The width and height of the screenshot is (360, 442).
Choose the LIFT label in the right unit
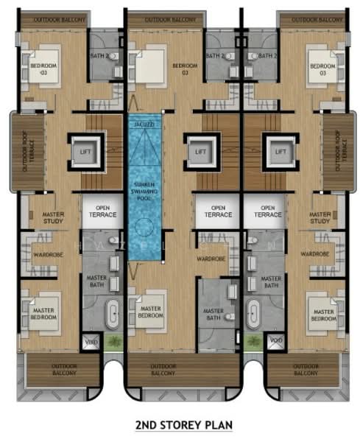[280, 152]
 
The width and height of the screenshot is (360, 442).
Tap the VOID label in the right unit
[275, 340]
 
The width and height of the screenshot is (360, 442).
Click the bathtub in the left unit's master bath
[113, 315]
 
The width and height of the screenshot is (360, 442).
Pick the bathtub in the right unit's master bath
[253, 315]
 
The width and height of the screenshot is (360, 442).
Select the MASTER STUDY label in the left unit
[44, 217]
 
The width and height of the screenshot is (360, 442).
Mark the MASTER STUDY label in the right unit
[320, 217]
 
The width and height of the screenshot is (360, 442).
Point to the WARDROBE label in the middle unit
[210, 259]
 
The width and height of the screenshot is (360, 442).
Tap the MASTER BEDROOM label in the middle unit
[152, 312]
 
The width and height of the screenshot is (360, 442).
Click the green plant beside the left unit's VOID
[113, 342]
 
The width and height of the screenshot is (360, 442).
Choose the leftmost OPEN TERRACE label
[99, 211]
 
